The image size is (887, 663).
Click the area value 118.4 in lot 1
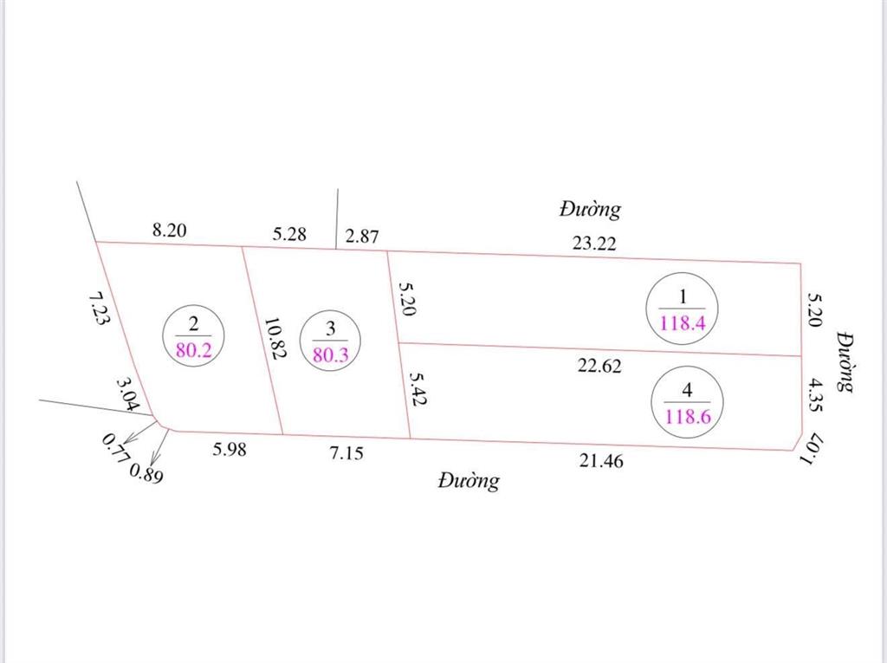[x=683, y=323]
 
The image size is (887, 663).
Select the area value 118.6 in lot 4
[x=688, y=417]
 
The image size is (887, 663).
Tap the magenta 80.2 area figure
[x=193, y=350]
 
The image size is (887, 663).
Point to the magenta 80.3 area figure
[x=331, y=355]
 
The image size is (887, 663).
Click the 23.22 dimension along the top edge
[x=594, y=244]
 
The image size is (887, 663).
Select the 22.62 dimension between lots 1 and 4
[x=599, y=366]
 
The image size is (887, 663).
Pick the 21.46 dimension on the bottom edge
[x=601, y=461]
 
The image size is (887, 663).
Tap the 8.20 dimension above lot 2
[x=169, y=230]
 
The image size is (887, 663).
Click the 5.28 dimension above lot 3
[x=289, y=234]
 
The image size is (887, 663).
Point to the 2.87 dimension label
[x=362, y=236]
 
